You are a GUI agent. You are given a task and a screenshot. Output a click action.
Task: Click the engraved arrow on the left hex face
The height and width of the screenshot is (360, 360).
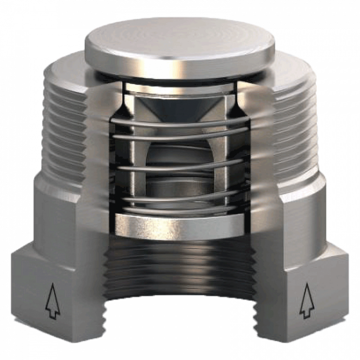pos(52,300)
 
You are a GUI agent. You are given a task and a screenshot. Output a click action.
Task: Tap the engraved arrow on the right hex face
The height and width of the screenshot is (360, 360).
pos(307,300)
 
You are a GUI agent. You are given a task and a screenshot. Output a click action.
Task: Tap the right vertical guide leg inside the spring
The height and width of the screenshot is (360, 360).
pos(225,155)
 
